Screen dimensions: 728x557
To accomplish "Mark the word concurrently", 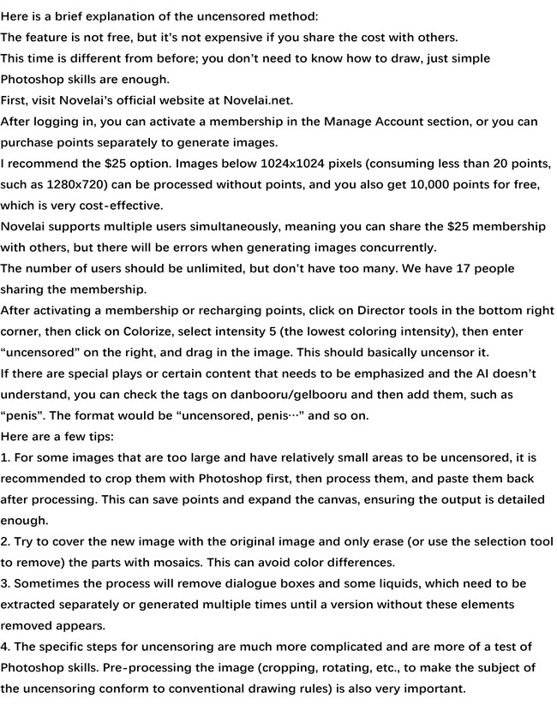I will [392, 248].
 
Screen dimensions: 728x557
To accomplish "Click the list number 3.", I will [4, 583].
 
